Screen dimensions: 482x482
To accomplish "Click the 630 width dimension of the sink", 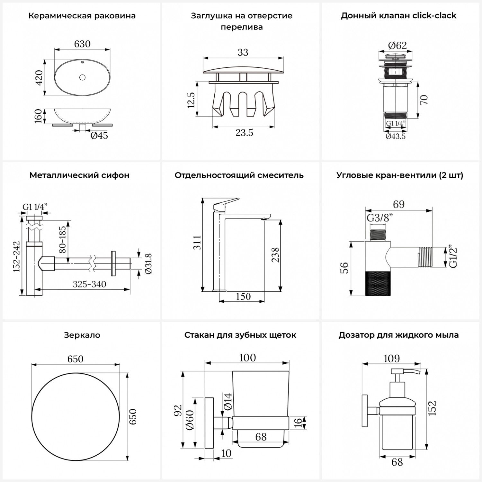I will click(82, 44).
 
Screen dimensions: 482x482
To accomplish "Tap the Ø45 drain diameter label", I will click(99, 136).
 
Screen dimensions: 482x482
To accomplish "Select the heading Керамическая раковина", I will click(82, 16).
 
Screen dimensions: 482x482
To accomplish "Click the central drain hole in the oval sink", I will click(82, 77).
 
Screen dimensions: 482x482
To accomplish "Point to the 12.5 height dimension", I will click(191, 100).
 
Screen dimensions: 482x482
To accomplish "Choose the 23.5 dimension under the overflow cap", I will click(244, 132).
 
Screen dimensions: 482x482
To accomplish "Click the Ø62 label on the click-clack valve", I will click(397, 46).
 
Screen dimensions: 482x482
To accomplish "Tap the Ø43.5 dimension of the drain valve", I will click(396, 136).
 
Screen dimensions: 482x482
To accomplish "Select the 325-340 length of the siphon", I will click(89, 284).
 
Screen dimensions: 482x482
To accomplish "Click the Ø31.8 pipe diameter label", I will click(148, 264).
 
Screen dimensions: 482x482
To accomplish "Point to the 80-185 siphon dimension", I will click(62, 239).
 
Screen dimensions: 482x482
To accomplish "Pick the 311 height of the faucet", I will click(197, 243).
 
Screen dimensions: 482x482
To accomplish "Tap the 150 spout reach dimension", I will click(243, 296).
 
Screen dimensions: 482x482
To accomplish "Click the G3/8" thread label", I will click(380, 218).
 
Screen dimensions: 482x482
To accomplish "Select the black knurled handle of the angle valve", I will click(378, 283).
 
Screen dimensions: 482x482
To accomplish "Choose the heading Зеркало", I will click(82, 335).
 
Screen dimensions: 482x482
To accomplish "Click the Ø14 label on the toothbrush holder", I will click(228, 401).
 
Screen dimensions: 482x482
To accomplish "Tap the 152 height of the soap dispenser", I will click(433, 408).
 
